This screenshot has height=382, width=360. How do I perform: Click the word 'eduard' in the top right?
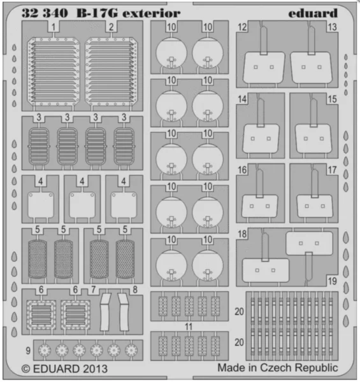[x=313, y=13]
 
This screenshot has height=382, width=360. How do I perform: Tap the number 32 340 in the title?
[x=45, y=13]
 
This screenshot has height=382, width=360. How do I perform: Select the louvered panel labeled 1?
[x=54, y=72]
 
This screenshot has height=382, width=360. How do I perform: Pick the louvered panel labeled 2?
[x=111, y=72]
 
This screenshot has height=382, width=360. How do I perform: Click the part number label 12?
[x=242, y=27]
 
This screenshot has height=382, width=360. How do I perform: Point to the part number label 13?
[x=332, y=27]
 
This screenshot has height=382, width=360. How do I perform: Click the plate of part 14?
[x=261, y=139]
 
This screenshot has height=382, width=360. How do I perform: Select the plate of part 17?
[x=315, y=206]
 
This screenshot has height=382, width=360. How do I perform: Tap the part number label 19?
[x=333, y=281]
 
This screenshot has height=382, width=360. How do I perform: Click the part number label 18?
[x=242, y=234]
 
